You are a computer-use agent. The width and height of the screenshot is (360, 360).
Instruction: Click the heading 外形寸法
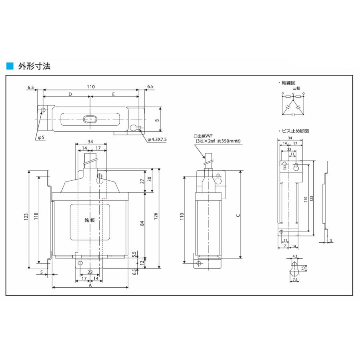point(34,66)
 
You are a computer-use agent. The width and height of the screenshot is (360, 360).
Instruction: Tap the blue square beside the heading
point(10,66)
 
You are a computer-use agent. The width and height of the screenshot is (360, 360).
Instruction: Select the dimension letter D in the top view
point(70,94)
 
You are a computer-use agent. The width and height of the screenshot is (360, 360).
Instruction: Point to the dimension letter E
point(114,94)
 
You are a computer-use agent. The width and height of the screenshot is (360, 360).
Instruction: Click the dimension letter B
point(157,120)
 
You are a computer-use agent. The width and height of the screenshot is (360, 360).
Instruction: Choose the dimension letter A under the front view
point(90,286)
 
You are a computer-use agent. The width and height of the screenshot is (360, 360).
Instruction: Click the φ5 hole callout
point(40,138)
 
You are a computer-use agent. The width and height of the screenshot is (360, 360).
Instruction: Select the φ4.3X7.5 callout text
point(160,139)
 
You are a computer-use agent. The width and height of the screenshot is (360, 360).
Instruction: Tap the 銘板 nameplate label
point(90,220)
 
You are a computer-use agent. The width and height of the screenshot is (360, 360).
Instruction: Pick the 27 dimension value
point(142,181)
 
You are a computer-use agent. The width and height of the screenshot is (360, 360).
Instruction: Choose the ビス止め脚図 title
point(295,131)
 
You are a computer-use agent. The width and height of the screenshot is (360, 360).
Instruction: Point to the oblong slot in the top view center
point(90,119)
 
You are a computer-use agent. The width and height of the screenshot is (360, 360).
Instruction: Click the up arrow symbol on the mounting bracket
point(284,165)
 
